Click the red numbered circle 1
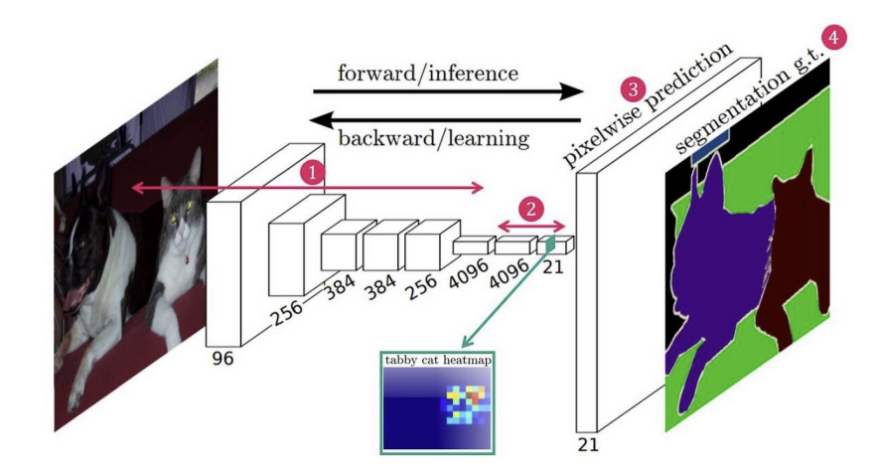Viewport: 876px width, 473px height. pyautogui.click(x=313, y=173)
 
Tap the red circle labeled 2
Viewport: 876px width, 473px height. pyautogui.click(x=533, y=209)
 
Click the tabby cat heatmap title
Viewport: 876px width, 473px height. pyautogui.click(x=437, y=360)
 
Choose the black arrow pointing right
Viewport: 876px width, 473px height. pyautogui.click(x=447, y=92)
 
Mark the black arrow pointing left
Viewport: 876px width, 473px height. pyautogui.click(x=447, y=119)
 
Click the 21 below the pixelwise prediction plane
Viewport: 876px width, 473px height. pyautogui.click(x=588, y=444)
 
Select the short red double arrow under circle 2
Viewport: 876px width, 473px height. pyautogui.click(x=530, y=225)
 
